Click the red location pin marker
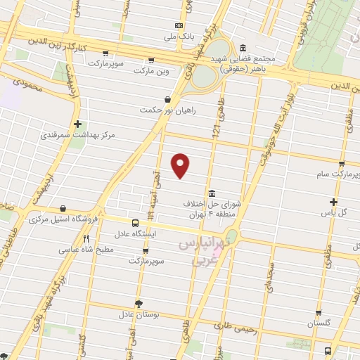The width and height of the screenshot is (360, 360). coord(181,165)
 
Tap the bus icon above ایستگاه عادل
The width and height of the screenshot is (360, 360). coord(135,222)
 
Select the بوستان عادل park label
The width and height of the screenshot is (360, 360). coord(141,314)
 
